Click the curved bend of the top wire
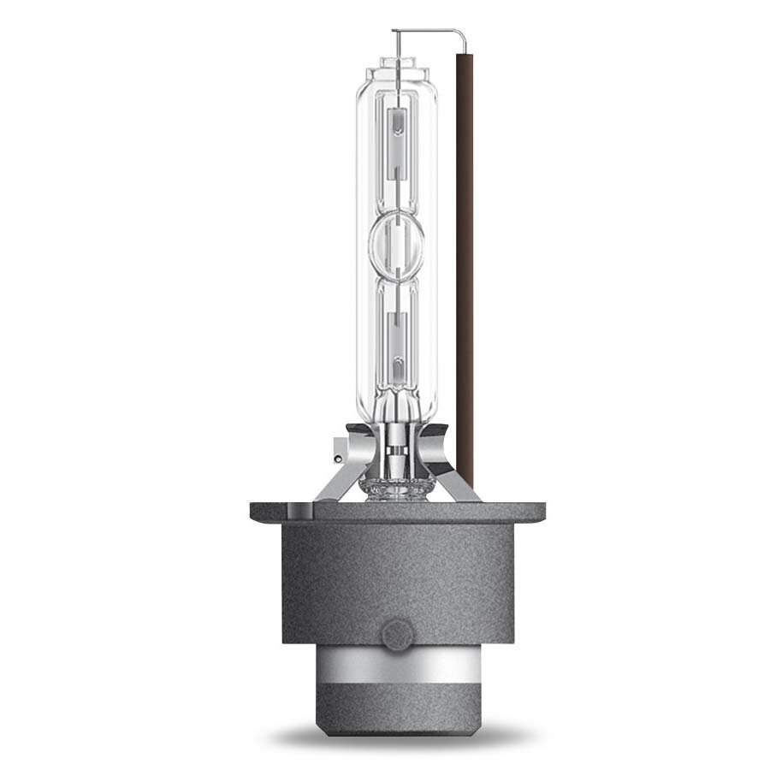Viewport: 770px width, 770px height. pyautogui.click(x=463, y=33)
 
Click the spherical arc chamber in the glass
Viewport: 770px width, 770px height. pyautogui.click(x=396, y=243)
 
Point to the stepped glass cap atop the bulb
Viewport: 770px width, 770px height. pyautogui.click(x=395, y=67)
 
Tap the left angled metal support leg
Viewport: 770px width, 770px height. pyautogui.click(x=329, y=479)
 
